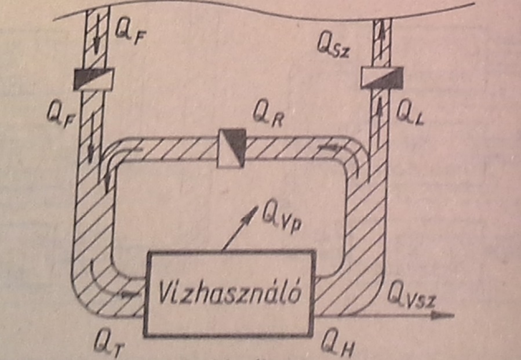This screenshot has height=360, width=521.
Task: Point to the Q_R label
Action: (268, 117)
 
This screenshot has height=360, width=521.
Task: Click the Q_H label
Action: (337, 346)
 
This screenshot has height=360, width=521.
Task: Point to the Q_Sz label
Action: (333, 46)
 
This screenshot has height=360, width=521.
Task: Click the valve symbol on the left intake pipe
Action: (94, 79)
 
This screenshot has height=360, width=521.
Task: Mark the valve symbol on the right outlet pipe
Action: (382, 78)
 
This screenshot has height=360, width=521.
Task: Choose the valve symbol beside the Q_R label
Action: (232, 148)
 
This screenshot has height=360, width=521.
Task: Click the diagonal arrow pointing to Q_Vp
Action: (240, 228)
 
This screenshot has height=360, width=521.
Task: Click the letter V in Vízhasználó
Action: (164, 294)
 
